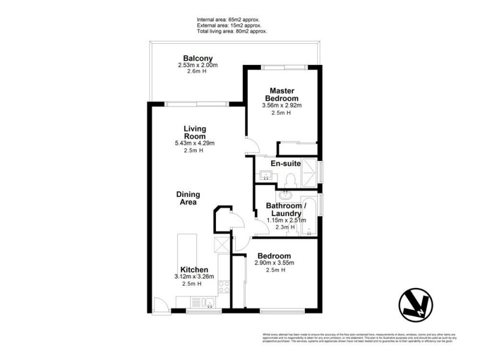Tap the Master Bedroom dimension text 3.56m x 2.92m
click(x=281, y=106)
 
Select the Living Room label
click(x=194, y=133)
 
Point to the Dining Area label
click(x=188, y=199)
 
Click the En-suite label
click(x=286, y=163)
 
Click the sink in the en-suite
click(x=266, y=175)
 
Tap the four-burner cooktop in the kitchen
click(x=223, y=287)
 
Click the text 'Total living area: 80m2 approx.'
click(x=233, y=31)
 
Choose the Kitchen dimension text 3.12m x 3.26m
click(x=194, y=277)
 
